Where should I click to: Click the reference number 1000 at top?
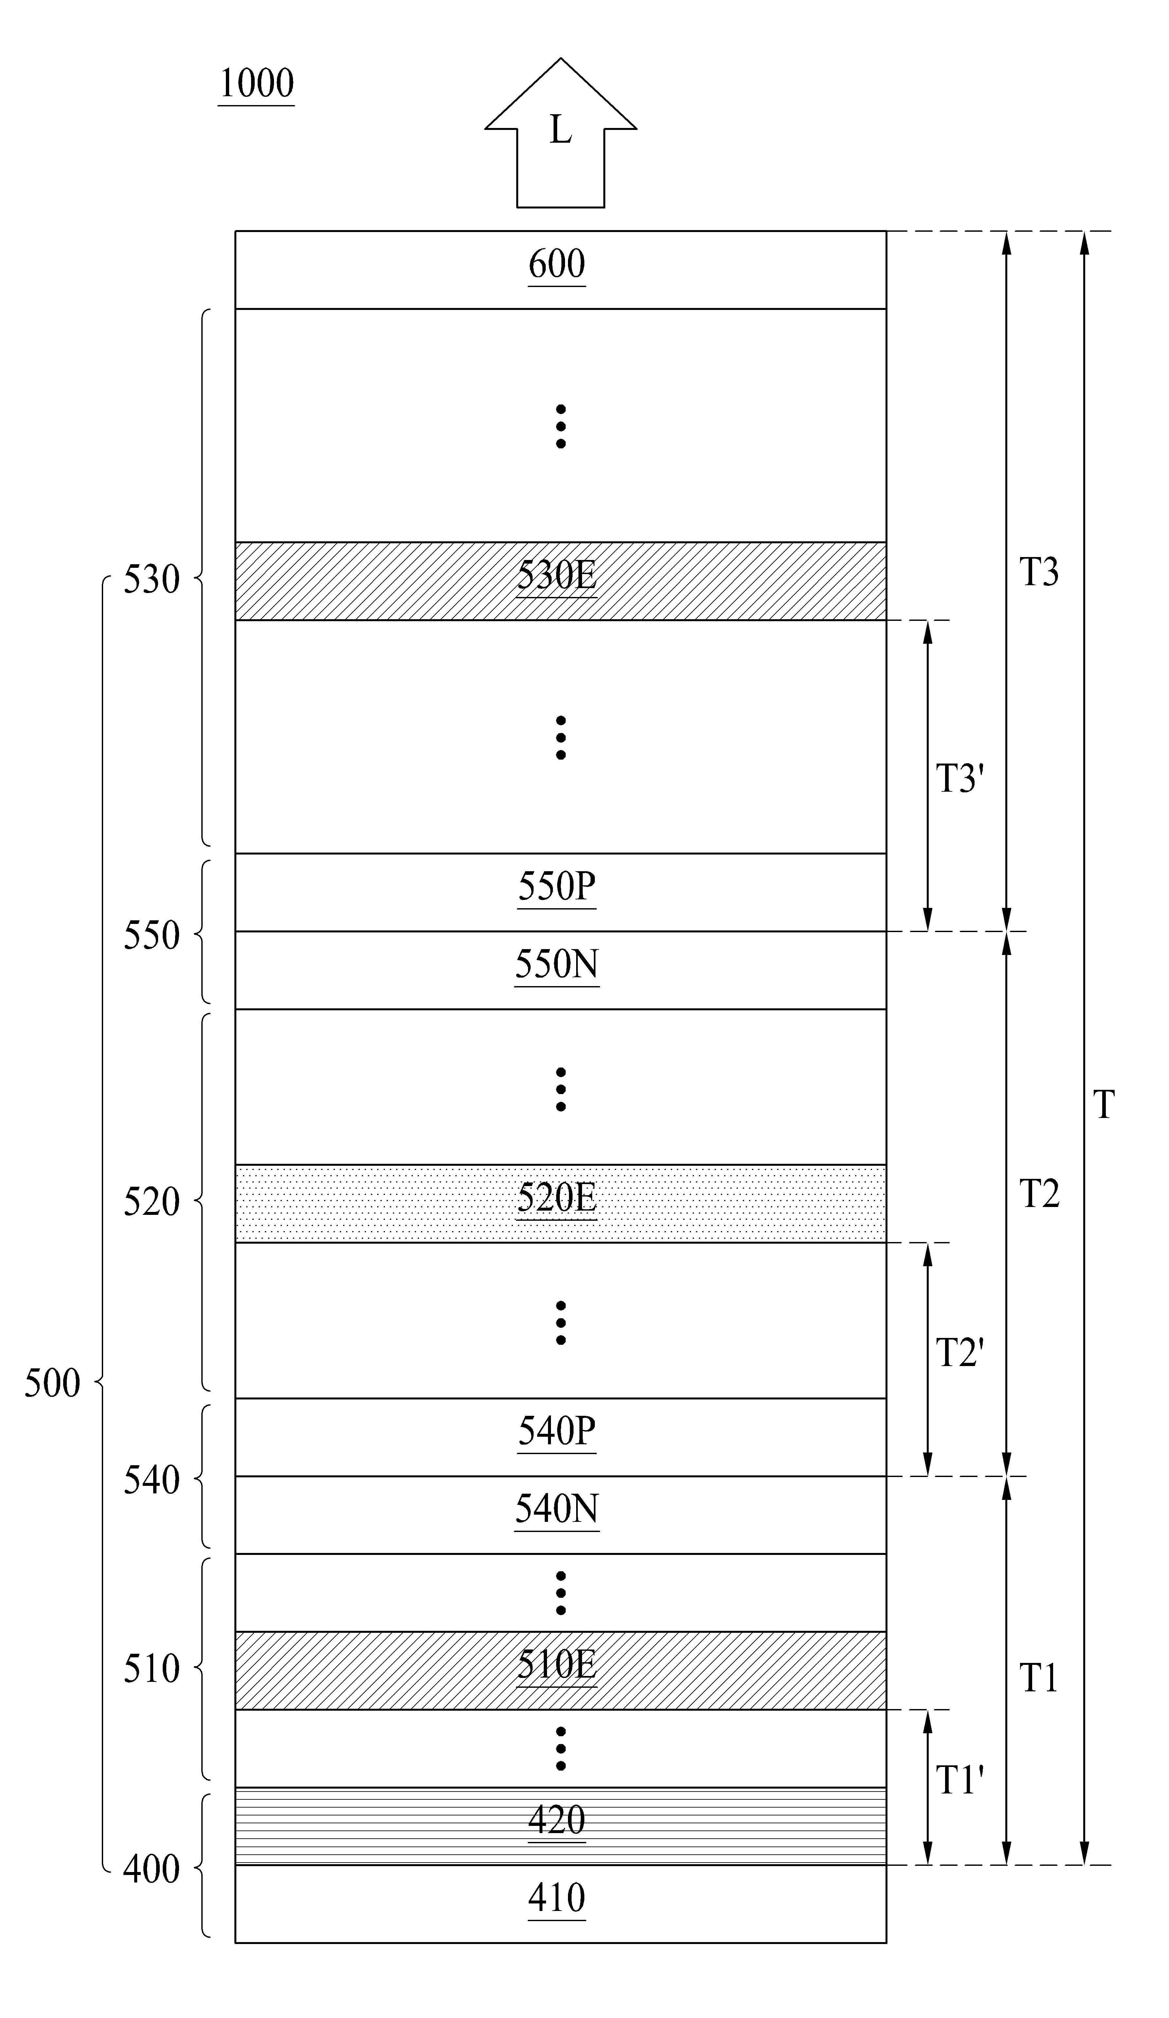(x=256, y=83)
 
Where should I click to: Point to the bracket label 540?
(x=152, y=1481)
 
